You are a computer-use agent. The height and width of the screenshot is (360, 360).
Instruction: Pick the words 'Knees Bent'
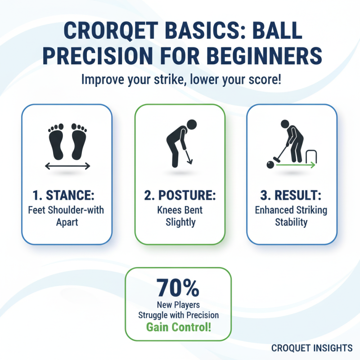(180, 210)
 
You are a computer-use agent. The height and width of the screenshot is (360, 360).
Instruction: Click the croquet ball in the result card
(270, 165)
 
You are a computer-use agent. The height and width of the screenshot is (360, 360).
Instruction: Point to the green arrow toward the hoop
(295, 166)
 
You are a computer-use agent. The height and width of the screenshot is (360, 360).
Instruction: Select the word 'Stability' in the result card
(291, 222)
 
